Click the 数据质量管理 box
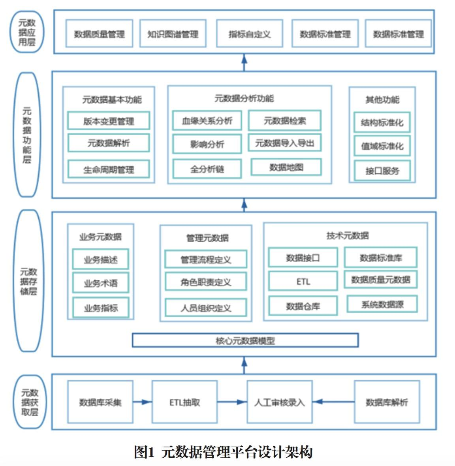pos(99,34)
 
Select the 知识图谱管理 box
pos(173,34)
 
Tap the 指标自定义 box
pos(249,34)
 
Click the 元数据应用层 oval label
pos(27,32)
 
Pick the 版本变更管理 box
pos(109,121)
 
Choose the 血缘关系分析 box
pos(207,121)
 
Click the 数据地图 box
pos(286,167)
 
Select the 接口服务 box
pos(382,171)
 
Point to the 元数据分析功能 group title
pos(244,98)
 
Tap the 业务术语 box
pos(100,283)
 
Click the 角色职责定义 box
pos(206,282)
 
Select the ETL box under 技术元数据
pos(303,281)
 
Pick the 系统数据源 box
pos(382,304)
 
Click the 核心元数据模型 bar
pos(245,340)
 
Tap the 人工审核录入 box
pos(279,402)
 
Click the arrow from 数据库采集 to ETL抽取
pos(143,402)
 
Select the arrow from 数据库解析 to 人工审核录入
pos(334,402)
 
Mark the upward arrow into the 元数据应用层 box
pos(244,62)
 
